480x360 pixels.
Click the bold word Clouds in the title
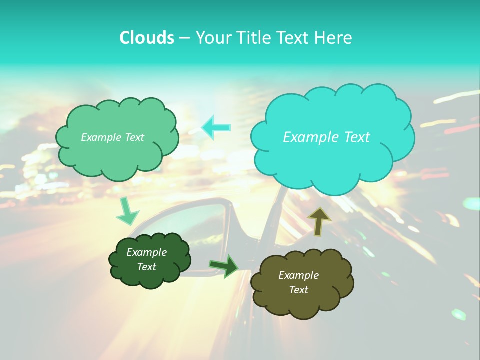pos(147,38)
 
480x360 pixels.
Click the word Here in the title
pos(334,38)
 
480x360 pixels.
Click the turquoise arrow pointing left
pos(216,127)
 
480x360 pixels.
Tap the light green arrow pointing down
pos(126,211)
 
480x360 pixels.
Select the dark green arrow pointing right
pos(224,266)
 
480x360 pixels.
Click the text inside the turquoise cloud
pos(326,137)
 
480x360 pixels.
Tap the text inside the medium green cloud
pos(112,137)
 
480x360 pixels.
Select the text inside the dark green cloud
pos(146,259)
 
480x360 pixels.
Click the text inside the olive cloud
pos(298,282)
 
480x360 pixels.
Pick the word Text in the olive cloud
pos(298,290)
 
